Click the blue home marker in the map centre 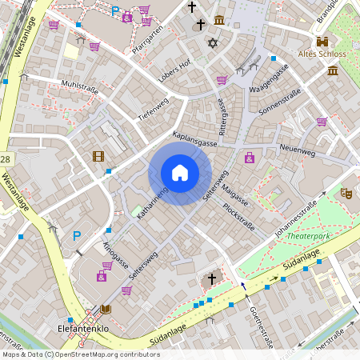tap(180, 172)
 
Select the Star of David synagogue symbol tap(212, 42)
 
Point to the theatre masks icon tap(346, 193)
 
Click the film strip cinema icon tap(98, 156)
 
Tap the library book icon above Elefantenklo tap(106, 310)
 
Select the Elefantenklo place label tap(83, 327)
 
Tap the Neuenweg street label tap(298, 150)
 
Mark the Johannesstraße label tap(295, 215)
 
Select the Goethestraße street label tap(262, 328)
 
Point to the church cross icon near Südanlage tap(212, 278)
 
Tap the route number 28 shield tap(5, 160)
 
